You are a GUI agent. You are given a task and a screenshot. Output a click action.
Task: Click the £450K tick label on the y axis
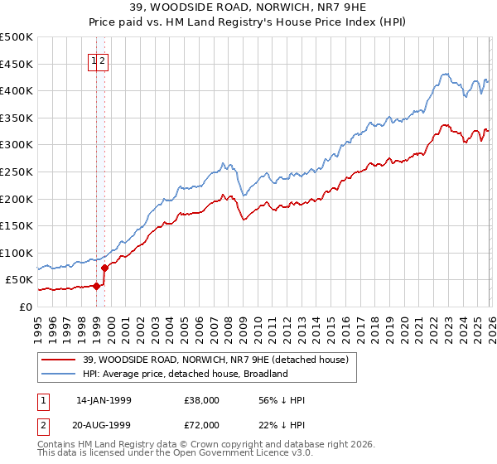pos(16,64)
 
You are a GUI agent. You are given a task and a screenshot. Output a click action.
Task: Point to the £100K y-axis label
pos(16,253)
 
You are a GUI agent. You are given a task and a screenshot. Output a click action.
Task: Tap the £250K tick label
pos(16,172)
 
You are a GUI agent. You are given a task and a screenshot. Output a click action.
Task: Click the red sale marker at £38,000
pos(97,287)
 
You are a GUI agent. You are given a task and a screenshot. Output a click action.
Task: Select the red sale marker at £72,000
pos(105,268)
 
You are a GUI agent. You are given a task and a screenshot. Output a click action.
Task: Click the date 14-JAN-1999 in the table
pos(104,400)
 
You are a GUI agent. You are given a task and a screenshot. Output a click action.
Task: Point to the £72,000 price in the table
pos(202,425)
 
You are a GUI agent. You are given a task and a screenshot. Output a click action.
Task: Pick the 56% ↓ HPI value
pos(282,400)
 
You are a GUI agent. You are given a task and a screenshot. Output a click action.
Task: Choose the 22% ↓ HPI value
pos(282,425)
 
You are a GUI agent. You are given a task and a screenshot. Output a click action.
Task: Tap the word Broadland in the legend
pos(264,374)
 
